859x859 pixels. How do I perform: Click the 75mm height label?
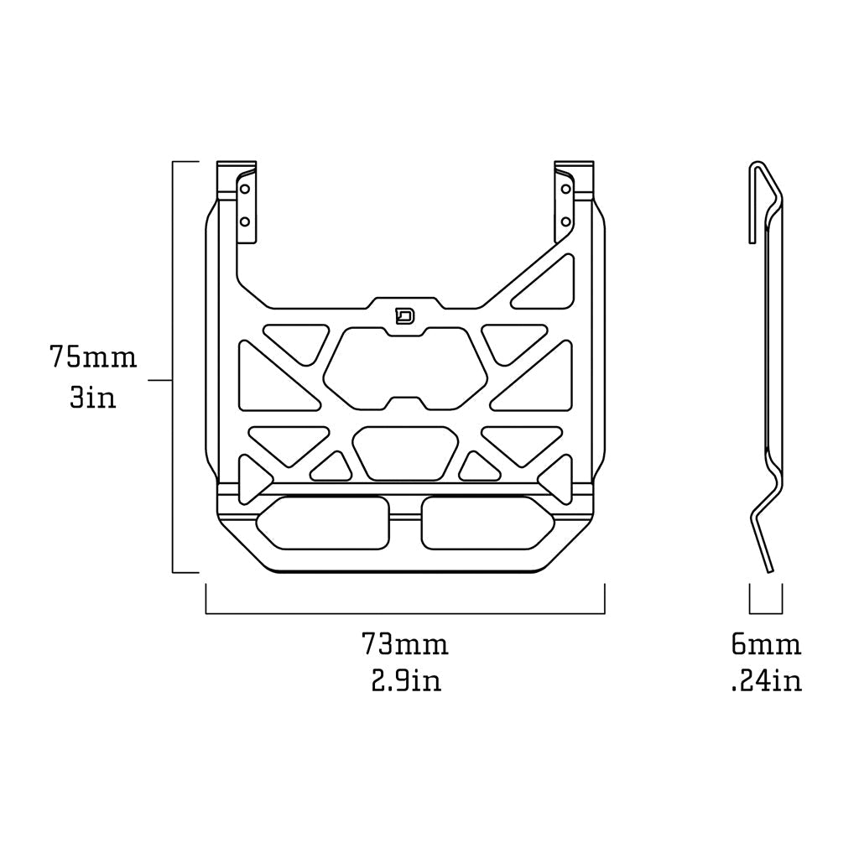[x=93, y=357]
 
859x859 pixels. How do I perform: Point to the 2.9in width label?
[x=406, y=681]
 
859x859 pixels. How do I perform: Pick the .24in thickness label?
[x=767, y=681]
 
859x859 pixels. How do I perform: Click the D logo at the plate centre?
[x=405, y=316]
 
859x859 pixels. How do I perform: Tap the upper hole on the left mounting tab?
[x=245, y=189]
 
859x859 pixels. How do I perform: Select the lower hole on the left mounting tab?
[x=245, y=221]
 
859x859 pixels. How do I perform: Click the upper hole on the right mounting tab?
[x=566, y=189]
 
